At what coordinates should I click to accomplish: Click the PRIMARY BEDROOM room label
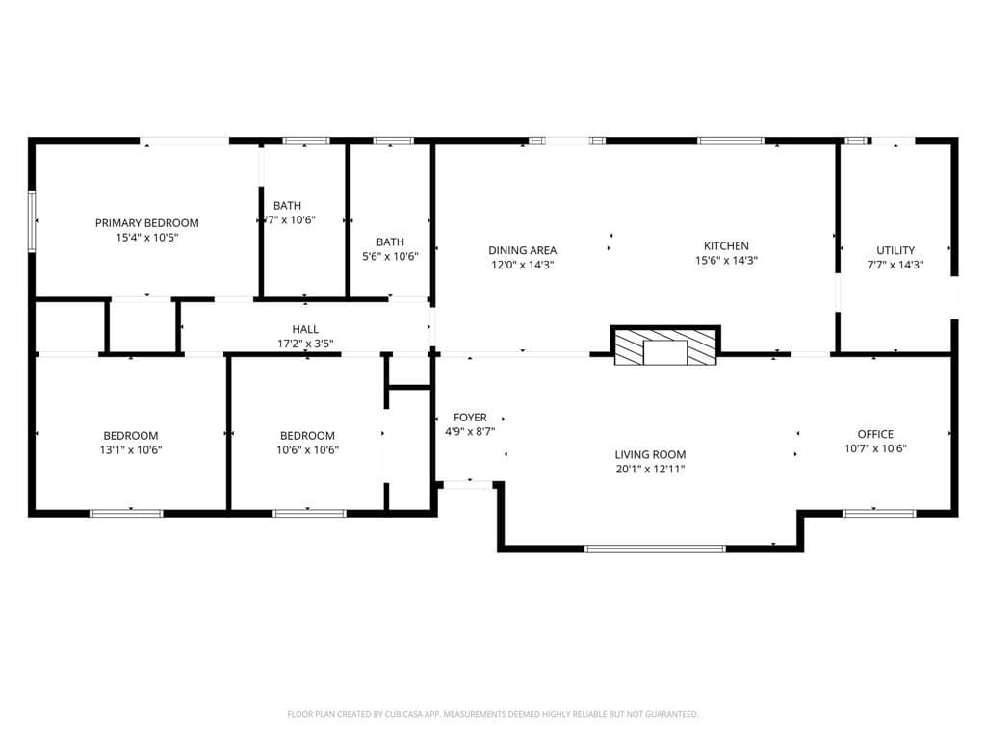pyautogui.click(x=146, y=223)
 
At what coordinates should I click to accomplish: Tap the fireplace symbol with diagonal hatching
pyautogui.click(x=666, y=347)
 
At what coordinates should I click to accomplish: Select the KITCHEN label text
pyautogui.click(x=726, y=246)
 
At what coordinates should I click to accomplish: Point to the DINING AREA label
pyautogui.click(x=522, y=250)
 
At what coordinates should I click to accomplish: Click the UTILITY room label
pyautogui.click(x=895, y=250)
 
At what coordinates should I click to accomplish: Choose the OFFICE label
pyautogui.click(x=875, y=434)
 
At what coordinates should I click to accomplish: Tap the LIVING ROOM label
pyautogui.click(x=650, y=455)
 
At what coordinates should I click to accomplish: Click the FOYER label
pyautogui.click(x=470, y=418)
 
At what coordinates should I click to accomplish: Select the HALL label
pyautogui.click(x=305, y=329)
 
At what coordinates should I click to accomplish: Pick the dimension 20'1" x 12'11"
pyautogui.click(x=650, y=470)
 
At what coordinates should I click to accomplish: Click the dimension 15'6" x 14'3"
pyautogui.click(x=726, y=261)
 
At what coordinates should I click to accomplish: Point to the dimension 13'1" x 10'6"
pyautogui.click(x=131, y=449)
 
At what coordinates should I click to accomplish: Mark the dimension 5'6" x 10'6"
pyautogui.click(x=390, y=256)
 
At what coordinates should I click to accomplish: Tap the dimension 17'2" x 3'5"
pyautogui.click(x=305, y=344)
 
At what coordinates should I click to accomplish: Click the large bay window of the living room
pyautogui.click(x=655, y=548)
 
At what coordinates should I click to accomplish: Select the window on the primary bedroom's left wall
pyautogui.click(x=32, y=221)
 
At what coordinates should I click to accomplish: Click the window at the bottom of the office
pyautogui.click(x=879, y=513)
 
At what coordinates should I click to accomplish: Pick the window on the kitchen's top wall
pyautogui.click(x=731, y=140)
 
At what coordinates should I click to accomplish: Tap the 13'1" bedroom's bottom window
pyautogui.click(x=126, y=513)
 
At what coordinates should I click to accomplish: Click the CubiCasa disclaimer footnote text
pyautogui.click(x=492, y=714)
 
